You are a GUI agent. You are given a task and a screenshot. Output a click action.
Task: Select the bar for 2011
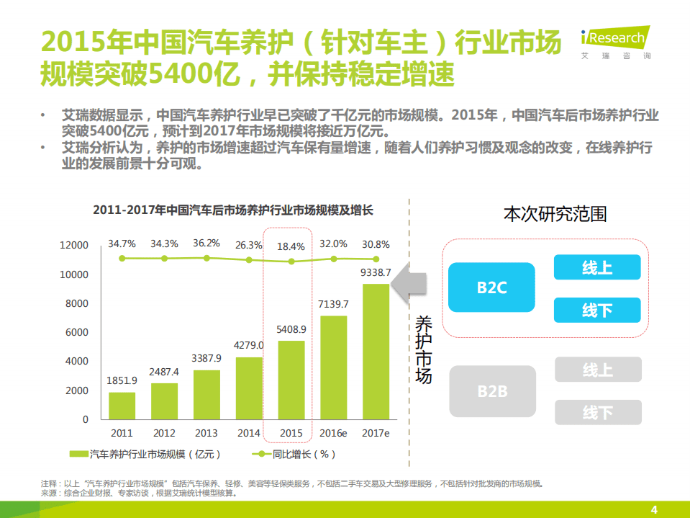tap(122, 406)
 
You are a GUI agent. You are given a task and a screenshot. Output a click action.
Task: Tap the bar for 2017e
tap(376, 351)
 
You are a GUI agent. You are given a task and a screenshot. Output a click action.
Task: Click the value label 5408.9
tap(291, 329)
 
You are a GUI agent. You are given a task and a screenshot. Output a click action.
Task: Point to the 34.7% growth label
tap(122, 244)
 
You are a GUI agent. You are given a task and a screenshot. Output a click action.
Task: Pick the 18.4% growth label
tap(291, 246)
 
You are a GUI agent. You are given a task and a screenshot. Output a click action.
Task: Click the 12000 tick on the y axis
tap(74, 246)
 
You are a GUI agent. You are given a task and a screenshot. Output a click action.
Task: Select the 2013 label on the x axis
tap(206, 433)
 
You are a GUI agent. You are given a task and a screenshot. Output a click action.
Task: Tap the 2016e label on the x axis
tap(333, 433)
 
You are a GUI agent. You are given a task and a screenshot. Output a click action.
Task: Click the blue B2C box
tap(492, 287)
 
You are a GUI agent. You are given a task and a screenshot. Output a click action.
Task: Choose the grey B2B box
tap(492, 391)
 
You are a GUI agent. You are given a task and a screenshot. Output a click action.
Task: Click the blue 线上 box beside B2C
tap(596, 268)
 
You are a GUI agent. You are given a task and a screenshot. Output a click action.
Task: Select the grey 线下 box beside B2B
tap(597, 413)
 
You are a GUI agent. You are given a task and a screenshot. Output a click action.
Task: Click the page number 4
tap(654, 510)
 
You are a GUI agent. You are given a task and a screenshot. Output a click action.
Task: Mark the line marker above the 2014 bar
tap(249, 260)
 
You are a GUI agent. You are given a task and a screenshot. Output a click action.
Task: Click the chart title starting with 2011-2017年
tap(233, 210)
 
